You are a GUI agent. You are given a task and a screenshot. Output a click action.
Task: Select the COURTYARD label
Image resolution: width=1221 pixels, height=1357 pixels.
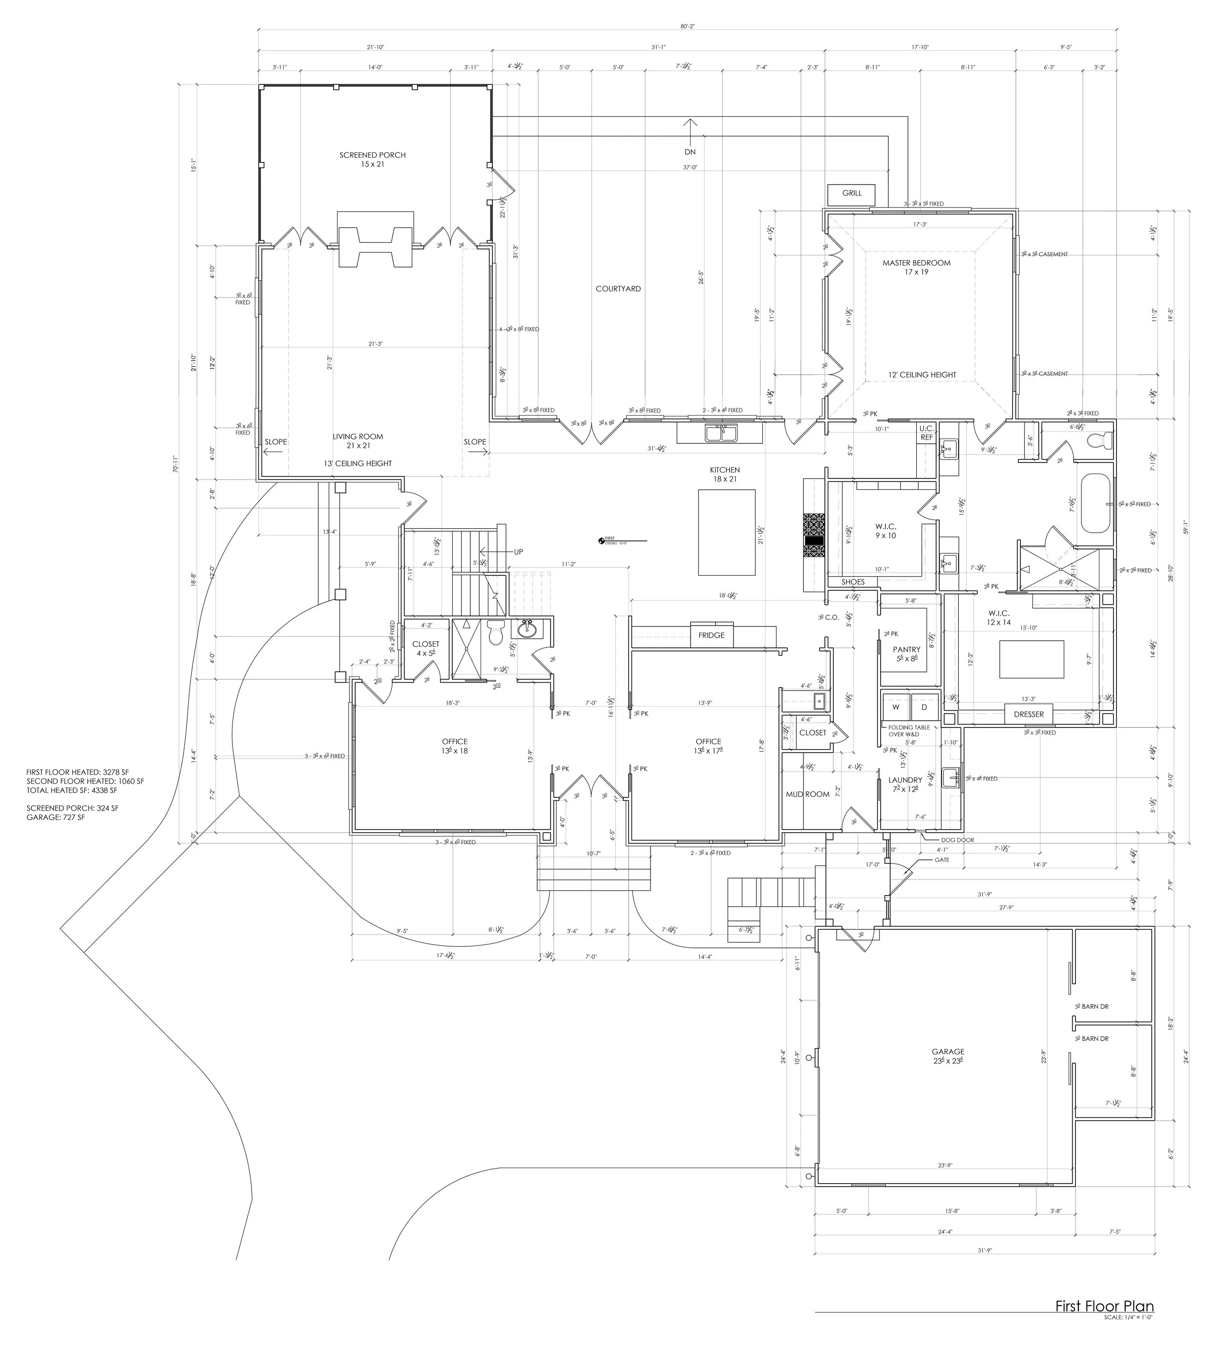(x=618, y=289)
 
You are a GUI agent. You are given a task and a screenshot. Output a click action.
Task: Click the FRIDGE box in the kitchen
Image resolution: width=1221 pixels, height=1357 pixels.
(x=711, y=635)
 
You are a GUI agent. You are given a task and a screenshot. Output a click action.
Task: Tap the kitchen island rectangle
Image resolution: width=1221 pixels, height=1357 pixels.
(x=727, y=533)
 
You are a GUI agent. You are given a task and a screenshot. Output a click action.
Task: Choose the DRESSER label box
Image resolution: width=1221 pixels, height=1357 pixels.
(x=1029, y=714)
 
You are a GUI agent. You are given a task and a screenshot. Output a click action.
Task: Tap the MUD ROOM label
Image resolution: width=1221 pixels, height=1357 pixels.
(x=808, y=794)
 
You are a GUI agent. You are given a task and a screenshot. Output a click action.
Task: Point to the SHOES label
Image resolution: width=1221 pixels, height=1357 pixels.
(x=853, y=582)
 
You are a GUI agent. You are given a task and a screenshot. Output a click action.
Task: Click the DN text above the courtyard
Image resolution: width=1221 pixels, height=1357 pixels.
(x=690, y=152)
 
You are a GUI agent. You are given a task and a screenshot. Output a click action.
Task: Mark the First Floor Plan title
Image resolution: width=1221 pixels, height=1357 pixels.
(x=1104, y=1324)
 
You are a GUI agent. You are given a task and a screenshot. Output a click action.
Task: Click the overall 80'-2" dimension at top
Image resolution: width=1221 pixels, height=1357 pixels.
(x=687, y=27)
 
